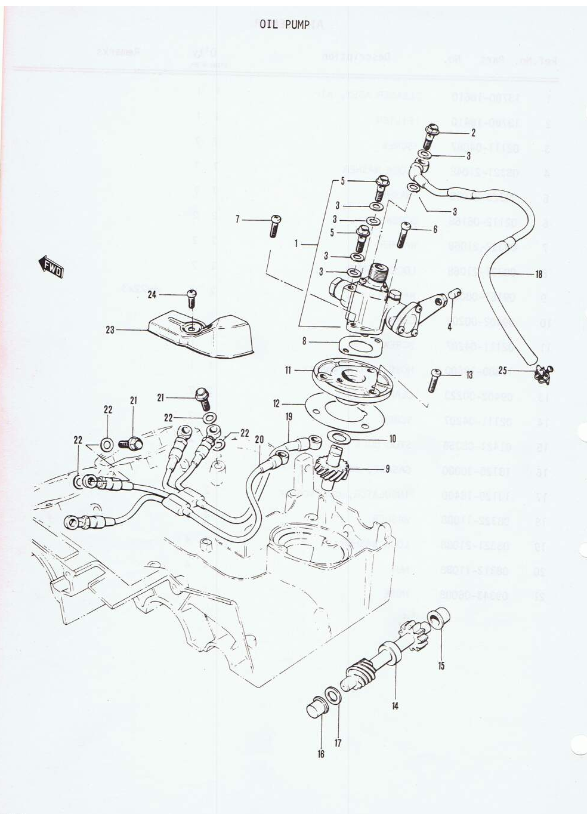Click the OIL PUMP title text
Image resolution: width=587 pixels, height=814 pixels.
click(285, 24)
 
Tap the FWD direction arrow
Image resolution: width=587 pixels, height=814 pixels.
click(52, 266)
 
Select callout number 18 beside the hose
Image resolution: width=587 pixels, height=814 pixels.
click(539, 275)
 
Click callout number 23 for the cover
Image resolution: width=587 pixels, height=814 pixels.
click(110, 329)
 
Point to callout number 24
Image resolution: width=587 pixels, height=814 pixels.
click(153, 294)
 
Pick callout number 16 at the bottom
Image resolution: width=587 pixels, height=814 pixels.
click(321, 754)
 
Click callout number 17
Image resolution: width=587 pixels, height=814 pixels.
click(338, 743)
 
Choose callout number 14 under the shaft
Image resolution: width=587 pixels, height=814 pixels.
click(395, 706)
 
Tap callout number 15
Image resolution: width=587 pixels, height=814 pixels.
click(441, 666)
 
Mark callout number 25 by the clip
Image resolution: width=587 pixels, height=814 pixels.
click(502, 371)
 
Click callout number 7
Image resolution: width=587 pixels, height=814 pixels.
click(237, 220)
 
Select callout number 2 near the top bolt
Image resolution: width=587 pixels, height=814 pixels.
click(473, 132)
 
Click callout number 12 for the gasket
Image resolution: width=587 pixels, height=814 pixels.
click(276, 404)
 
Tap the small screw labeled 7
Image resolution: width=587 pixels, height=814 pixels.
click(275, 226)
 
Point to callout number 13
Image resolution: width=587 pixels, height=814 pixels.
click(469, 375)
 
